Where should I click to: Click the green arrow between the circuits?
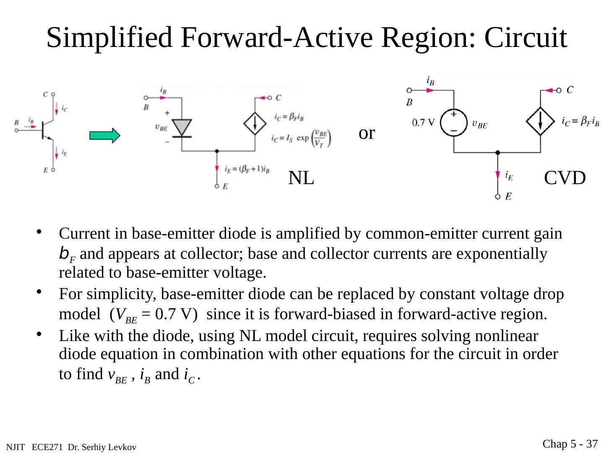click(104, 136)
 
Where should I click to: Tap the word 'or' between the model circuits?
click(367, 133)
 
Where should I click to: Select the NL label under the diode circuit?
click(301, 178)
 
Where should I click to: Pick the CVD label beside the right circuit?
click(565, 178)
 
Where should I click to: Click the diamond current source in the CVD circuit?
click(540, 122)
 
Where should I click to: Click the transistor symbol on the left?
click(46, 130)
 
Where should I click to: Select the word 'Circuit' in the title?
click(526, 38)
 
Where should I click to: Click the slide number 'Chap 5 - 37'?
click(570, 444)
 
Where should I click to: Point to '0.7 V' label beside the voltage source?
click(424, 122)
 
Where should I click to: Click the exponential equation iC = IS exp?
click(301, 138)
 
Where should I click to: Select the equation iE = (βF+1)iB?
click(247, 169)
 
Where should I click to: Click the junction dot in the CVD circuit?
click(497, 153)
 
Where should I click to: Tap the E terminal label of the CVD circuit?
click(508, 196)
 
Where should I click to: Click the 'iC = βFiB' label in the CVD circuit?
click(580, 122)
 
